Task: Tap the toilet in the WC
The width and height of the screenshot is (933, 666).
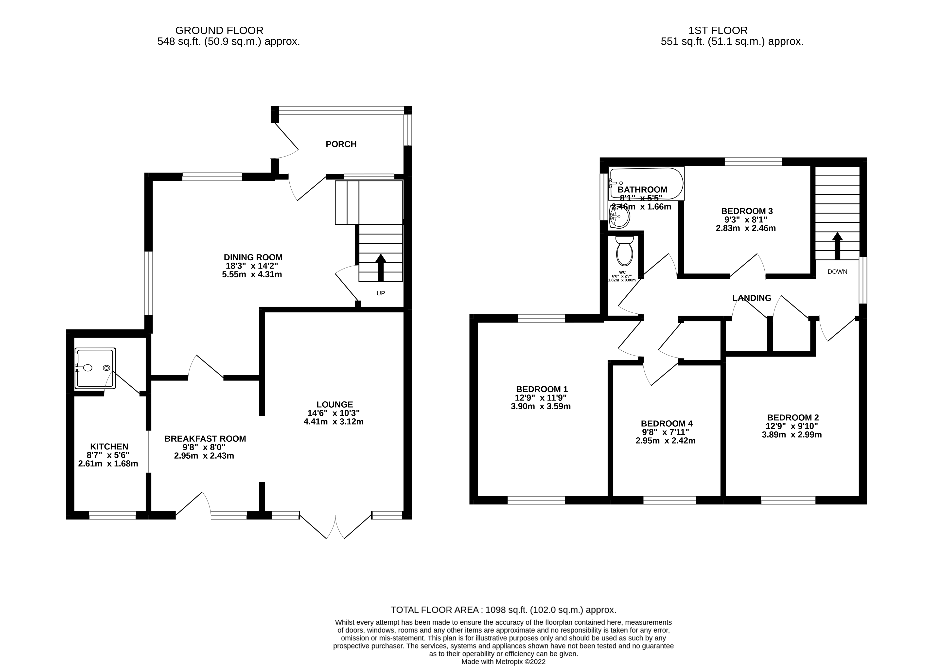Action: [x=624, y=252]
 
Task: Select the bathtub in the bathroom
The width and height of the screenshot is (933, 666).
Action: [x=647, y=183]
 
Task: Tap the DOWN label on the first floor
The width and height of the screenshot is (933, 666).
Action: [x=837, y=271]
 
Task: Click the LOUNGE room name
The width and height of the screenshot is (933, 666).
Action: [x=334, y=404]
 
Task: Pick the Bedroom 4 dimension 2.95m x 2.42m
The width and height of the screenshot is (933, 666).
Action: [x=666, y=441]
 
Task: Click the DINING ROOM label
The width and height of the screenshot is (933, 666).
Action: [x=253, y=257]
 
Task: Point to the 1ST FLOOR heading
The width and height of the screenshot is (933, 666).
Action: [x=718, y=30]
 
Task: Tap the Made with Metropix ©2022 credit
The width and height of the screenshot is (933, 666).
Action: [x=503, y=662]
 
